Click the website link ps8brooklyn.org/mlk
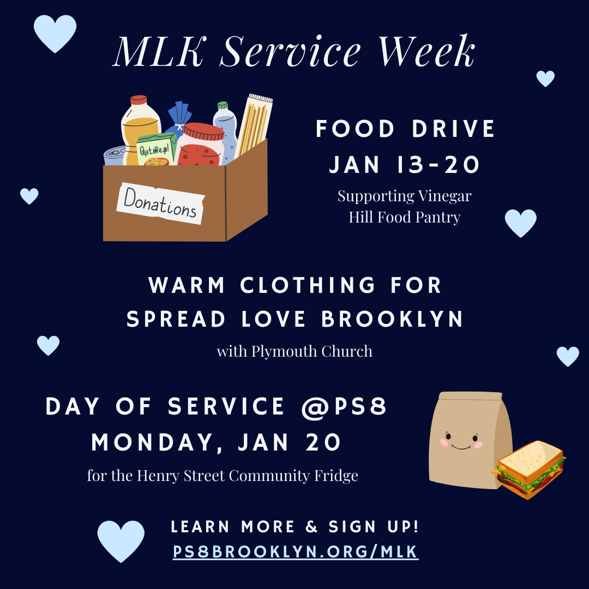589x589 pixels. [x=296, y=552]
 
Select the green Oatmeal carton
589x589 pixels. [x=155, y=150]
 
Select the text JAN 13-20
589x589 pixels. [x=405, y=164]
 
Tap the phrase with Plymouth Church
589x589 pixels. [x=294, y=351]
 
